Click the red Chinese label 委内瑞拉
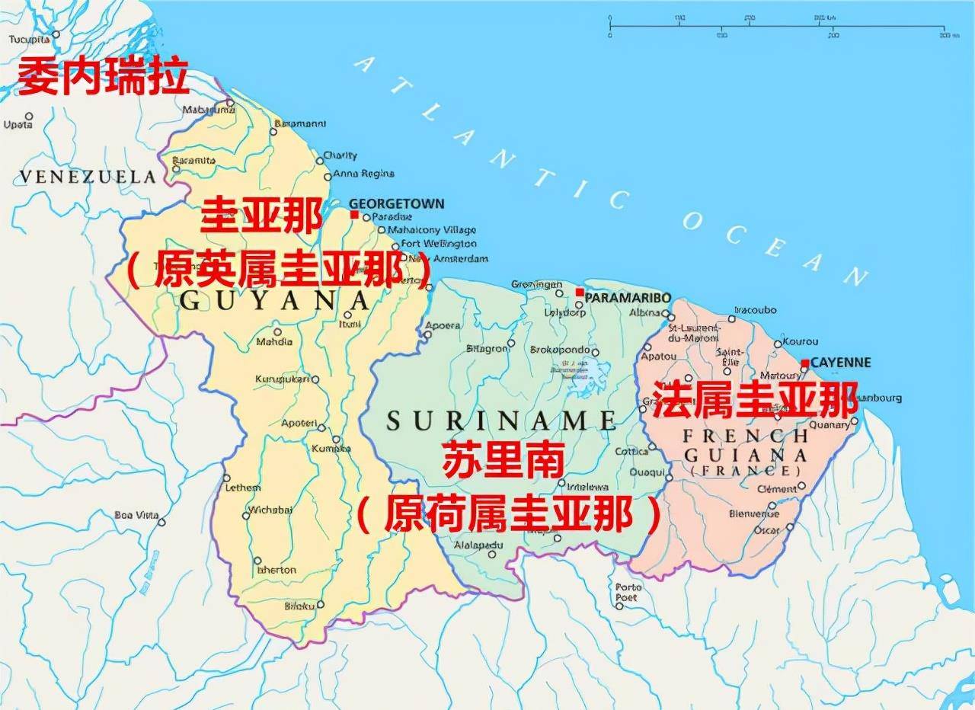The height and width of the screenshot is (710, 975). (103, 77)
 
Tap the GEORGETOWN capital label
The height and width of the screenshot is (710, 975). (396, 204)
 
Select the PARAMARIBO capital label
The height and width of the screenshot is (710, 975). (628, 296)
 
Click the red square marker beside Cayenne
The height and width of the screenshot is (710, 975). (805, 363)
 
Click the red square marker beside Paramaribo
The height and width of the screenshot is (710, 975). (580, 293)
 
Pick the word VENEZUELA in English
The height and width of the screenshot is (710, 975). (88, 177)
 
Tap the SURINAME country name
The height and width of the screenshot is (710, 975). (501, 420)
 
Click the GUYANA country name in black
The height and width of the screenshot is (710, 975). (274, 300)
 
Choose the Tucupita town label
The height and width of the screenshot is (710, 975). (29, 39)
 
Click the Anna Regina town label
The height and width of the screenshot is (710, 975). (364, 174)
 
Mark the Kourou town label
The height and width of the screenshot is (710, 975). (800, 341)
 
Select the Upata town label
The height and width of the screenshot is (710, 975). (18, 124)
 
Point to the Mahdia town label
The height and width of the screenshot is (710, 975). (274, 342)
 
